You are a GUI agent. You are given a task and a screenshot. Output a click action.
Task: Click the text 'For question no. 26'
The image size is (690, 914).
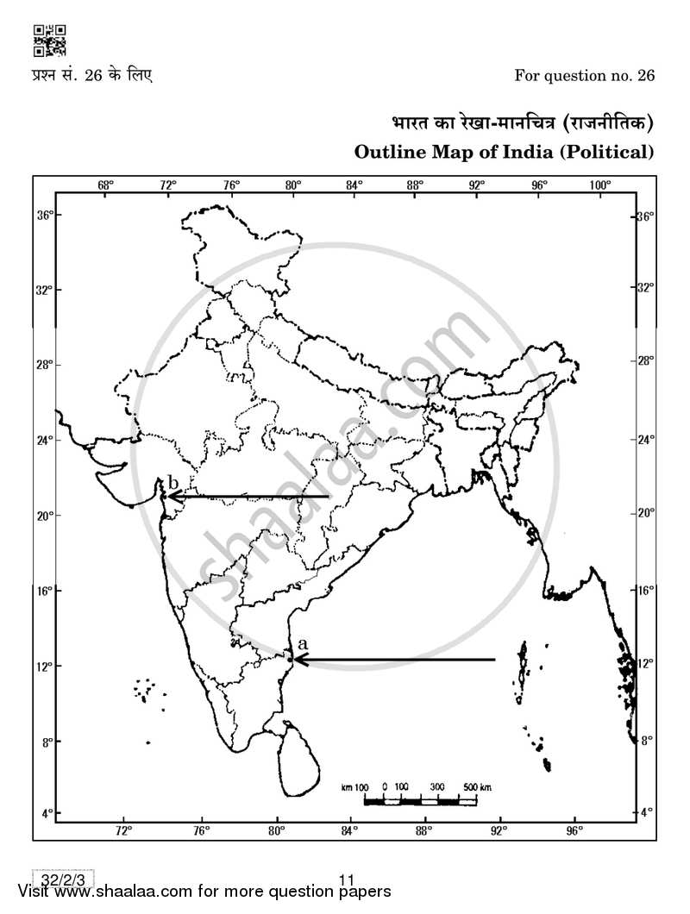click(x=584, y=75)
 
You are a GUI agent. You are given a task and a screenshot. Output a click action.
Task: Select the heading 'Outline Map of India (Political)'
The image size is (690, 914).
click(x=505, y=152)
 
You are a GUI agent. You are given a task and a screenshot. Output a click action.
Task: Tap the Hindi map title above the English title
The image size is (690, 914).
click(x=517, y=123)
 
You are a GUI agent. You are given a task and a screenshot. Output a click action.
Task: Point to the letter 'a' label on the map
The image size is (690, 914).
click(x=302, y=643)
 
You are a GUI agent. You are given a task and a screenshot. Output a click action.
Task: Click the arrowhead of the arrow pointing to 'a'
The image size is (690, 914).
click(x=297, y=660)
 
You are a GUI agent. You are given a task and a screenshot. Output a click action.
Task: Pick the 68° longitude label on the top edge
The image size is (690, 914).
click(x=106, y=185)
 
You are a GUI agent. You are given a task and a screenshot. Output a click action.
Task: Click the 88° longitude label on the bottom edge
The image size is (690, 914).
click(x=423, y=831)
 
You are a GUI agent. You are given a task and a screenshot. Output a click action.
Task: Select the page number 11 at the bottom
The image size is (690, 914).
click(x=348, y=880)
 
